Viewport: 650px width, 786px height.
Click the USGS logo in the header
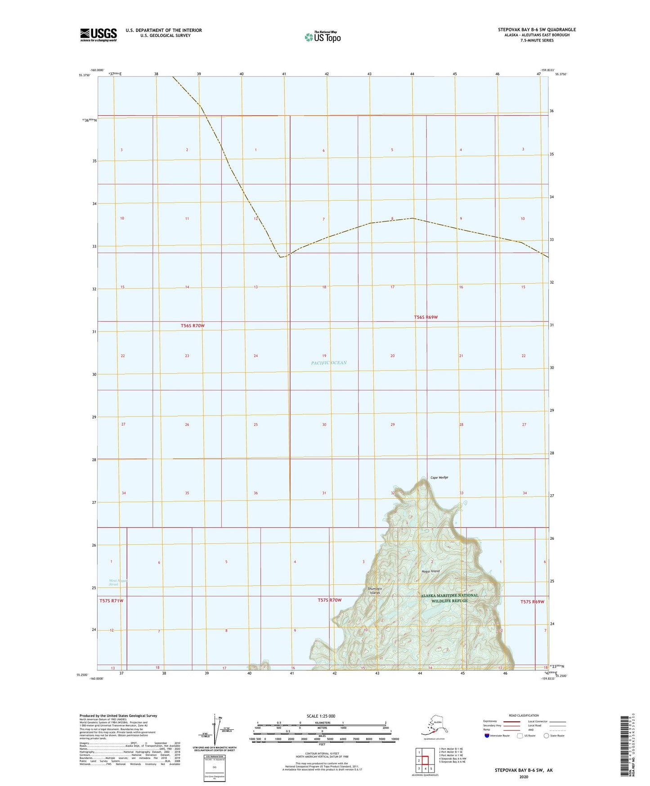[x=99, y=35]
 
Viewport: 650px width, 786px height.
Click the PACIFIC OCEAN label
[x=329, y=363]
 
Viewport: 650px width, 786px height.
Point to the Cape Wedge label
[x=439, y=478]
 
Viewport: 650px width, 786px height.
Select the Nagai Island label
[x=430, y=571]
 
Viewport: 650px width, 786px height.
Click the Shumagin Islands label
[x=375, y=591]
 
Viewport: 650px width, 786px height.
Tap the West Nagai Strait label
[x=118, y=583]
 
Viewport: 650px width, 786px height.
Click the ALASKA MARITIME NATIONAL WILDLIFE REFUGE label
[x=449, y=598]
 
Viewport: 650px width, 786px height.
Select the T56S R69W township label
[x=426, y=317]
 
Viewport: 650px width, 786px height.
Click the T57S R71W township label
[x=111, y=601]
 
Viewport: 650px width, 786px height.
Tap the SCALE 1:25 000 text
[x=321, y=716]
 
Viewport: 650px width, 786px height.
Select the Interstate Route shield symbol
[x=487, y=736]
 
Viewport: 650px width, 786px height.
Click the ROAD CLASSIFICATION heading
[x=523, y=715]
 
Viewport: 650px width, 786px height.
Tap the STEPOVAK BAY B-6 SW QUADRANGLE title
[x=537, y=30]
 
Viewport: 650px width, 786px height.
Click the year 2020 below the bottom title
[x=523, y=777]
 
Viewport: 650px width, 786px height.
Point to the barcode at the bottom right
[x=624, y=752]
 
